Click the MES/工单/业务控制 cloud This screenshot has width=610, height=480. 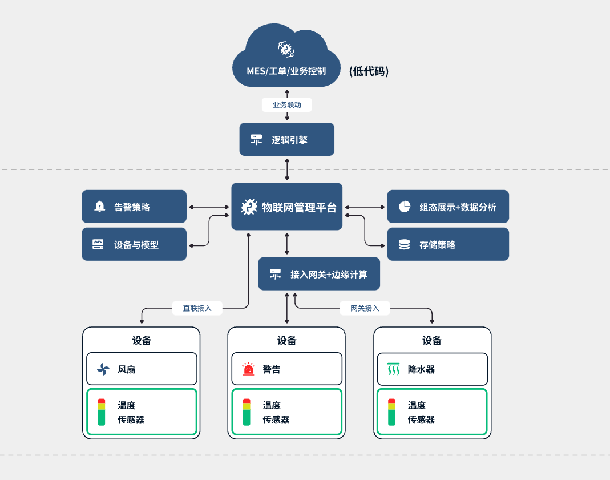(x=286, y=63)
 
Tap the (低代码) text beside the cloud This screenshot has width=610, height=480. (x=369, y=71)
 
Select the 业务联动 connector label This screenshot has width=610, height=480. (x=286, y=105)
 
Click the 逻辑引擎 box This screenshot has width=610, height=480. (x=286, y=139)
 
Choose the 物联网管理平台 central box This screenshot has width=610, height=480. (x=286, y=207)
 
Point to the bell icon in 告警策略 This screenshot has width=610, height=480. (x=100, y=207)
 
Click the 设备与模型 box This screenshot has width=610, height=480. (x=134, y=244)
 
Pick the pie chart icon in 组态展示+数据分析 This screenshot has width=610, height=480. (x=405, y=207)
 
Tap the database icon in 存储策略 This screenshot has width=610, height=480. (x=405, y=245)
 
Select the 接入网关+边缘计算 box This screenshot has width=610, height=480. (x=319, y=274)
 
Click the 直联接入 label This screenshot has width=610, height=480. (x=197, y=308)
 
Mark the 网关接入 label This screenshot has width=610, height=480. (x=365, y=308)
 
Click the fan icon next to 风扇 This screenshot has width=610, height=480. (x=103, y=369)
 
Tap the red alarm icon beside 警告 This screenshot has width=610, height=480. (x=248, y=369)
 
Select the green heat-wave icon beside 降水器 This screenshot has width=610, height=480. (x=393, y=369)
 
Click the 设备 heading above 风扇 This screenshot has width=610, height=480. (x=142, y=341)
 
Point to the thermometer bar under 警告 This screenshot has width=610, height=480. (x=247, y=412)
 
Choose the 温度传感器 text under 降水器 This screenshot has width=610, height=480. (x=421, y=412)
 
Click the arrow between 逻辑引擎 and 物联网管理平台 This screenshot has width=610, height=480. (x=286, y=169)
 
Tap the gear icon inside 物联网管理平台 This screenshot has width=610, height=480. (x=249, y=207)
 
